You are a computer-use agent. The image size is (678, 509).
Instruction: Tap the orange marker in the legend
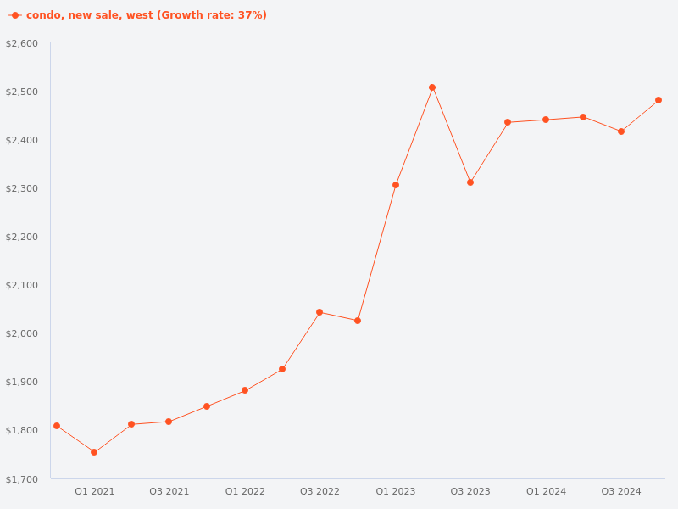point(15,15)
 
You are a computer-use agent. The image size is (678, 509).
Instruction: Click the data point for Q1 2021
point(94,452)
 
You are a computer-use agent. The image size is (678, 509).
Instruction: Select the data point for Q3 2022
point(320,312)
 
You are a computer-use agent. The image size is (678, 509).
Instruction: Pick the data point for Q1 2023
point(396,185)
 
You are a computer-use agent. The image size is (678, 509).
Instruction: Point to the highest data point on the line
point(432,87)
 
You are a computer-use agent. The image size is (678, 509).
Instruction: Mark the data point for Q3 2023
point(470,182)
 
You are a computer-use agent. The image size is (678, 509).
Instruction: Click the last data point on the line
point(659,100)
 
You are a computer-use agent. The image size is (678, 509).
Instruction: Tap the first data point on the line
point(57,426)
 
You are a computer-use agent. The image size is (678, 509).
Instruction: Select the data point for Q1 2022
point(245,390)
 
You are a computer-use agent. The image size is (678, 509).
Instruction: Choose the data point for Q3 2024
point(621,131)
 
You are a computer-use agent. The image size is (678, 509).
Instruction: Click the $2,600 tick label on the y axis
point(22,43)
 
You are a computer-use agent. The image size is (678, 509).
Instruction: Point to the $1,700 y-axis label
point(22,479)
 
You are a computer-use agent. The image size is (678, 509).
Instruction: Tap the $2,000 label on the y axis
point(22,333)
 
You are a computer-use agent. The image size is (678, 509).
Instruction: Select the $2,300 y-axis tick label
point(22,188)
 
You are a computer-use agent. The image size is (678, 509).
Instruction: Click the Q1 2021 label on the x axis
point(94,491)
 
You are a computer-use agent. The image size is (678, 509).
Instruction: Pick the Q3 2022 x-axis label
point(320,491)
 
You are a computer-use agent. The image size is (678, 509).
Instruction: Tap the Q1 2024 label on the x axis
point(546,491)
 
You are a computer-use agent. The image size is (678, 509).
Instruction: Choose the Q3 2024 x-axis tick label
point(621,491)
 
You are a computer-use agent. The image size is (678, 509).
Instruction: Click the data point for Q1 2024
point(546,120)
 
